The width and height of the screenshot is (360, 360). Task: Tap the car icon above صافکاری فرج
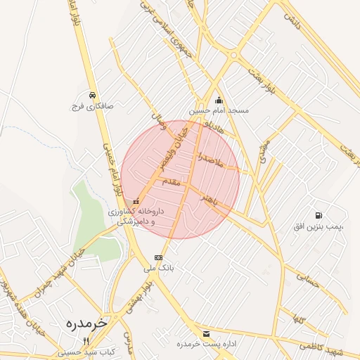pyautogui.click(x=92, y=95)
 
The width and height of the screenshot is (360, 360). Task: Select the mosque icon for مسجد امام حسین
pyautogui.click(x=219, y=100)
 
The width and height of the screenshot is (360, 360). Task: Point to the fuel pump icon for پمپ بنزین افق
pyautogui.click(x=319, y=214)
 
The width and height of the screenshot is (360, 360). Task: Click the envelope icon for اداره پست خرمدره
pyautogui.click(x=205, y=333)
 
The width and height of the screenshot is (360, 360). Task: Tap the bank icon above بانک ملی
pyautogui.click(x=158, y=257)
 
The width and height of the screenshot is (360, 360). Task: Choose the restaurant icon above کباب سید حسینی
pyautogui.click(x=86, y=341)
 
